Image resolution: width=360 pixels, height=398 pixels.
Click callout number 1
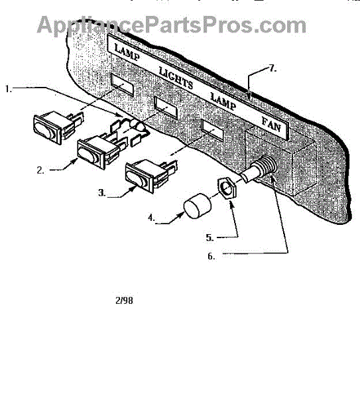coord(9,89)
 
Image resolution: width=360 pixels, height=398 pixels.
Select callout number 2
coord(40,170)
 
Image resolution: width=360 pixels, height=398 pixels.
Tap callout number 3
coord(101,193)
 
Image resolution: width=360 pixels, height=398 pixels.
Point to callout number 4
coord(151,218)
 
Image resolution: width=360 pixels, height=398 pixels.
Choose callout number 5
coord(210,237)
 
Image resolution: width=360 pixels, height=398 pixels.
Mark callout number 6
coord(211,256)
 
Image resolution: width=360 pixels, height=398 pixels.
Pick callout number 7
coord(272,68)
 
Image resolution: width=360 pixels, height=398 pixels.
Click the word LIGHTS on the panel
coord(176,78)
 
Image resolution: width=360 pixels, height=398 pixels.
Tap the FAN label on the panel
coord(271,125)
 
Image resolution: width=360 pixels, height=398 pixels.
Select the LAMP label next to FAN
coord(223,101)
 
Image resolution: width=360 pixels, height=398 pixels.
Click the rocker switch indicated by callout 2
coord(97,151)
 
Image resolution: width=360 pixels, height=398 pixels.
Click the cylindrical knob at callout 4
coord(197,206)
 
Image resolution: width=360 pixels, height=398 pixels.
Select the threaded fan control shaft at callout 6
coord(259,168)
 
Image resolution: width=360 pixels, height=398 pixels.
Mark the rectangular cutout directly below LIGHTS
coord(166,108)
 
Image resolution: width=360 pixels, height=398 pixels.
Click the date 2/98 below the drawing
coord(124,300)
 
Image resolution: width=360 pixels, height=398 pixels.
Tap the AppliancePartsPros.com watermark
coord(172,25)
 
